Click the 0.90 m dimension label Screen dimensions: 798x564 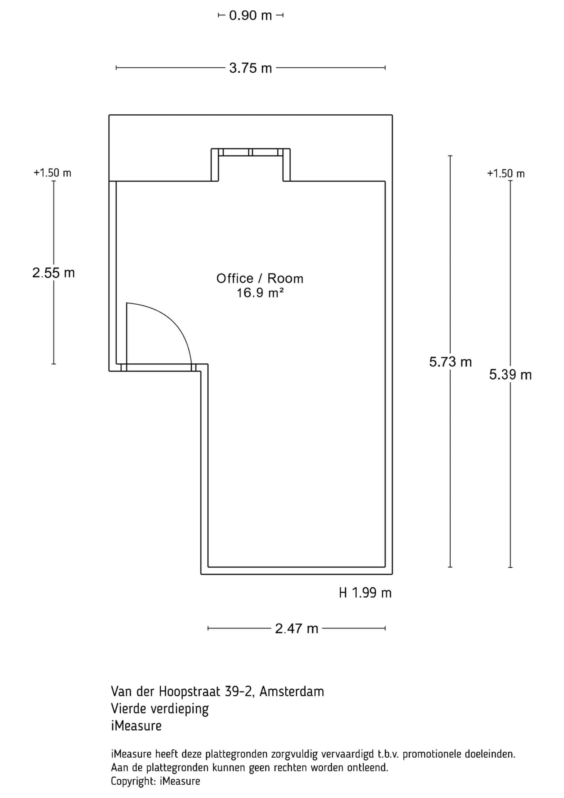(250, 16)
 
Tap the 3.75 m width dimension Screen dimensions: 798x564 (250, 68)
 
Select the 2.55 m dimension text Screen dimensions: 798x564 (54, 273)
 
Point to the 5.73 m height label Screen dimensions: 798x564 (450, 362)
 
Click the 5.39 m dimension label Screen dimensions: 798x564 (510, 375)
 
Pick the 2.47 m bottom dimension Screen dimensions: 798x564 (297, 628)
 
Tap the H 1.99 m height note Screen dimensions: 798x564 (365, 593)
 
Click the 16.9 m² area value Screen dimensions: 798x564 (260, 293)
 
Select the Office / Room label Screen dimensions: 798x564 (260, 278)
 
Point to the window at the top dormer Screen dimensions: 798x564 (250, 152)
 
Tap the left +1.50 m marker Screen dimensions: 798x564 (52, 173)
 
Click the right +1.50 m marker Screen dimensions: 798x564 (506, 174)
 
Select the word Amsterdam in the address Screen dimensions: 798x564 (292, 692)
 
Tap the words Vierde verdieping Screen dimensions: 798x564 (159, 709)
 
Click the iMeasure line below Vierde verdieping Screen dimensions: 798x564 (136, 726)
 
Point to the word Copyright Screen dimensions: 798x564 (132, 781)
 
